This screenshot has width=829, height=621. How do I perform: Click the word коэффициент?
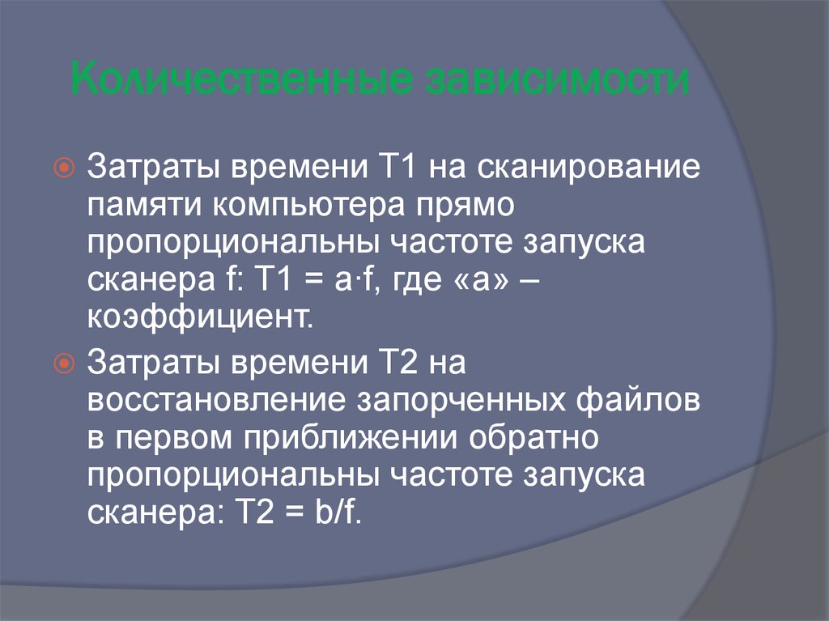tap(200, 316)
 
